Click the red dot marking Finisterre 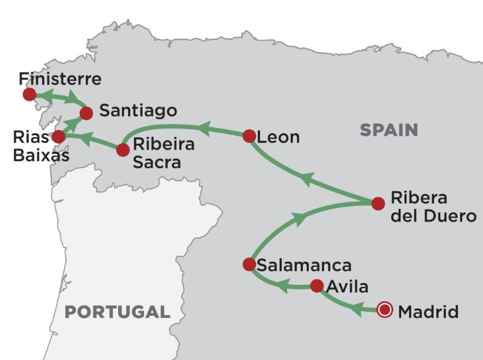click(29, 95)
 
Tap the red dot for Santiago click(86, 113)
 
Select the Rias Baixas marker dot click(59, 136)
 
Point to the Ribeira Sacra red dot click(123, 150)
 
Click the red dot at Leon click(249, 136)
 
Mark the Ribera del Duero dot click(378, 203)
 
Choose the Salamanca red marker click(249, 264)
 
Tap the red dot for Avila click(317, 286)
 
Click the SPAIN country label click(389, 131)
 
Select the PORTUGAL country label click(117, 311)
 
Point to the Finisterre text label click(60, 79)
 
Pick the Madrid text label click(428, 311)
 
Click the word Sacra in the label click(156, 162)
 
